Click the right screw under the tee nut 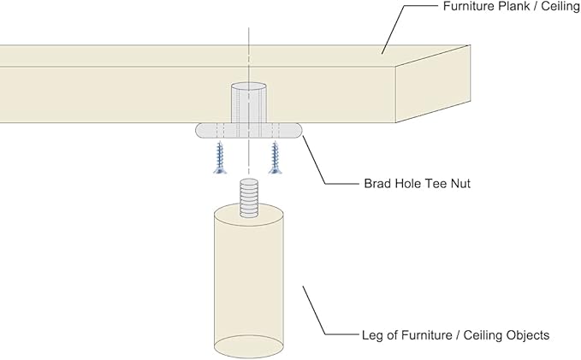click(276, 159)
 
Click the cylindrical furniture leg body click(248, 274)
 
